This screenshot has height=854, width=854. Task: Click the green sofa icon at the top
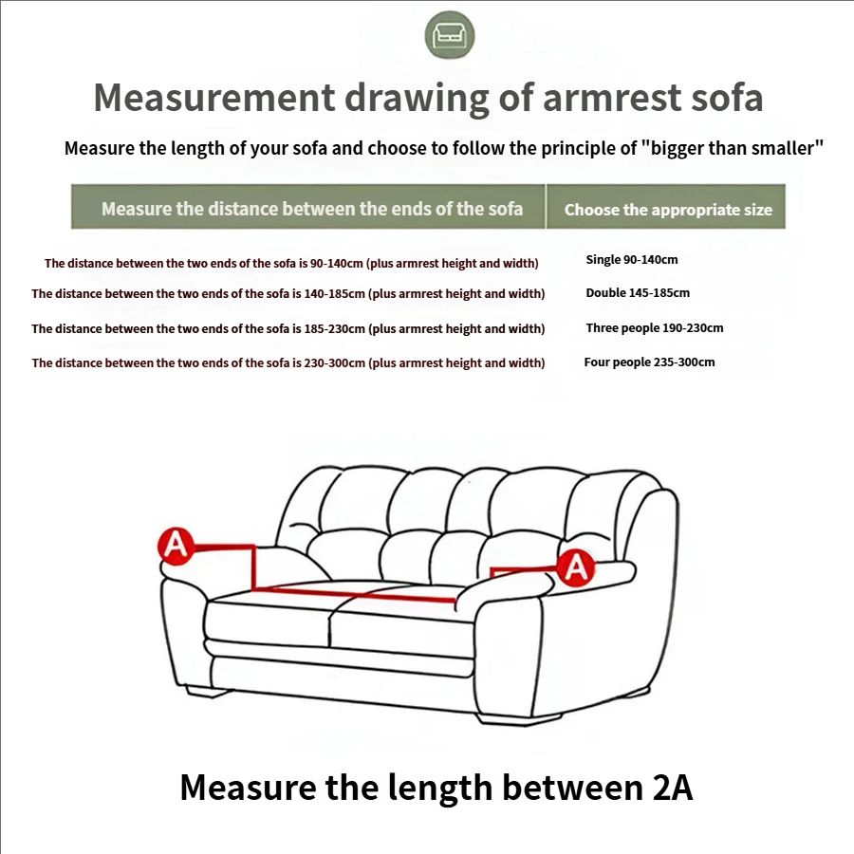[450, 35]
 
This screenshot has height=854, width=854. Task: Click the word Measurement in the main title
[213, 98]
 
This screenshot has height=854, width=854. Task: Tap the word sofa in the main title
[727, 98]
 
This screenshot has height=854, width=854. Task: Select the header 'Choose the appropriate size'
[668, 210]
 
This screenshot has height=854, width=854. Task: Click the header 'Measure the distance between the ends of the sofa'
[312, 209]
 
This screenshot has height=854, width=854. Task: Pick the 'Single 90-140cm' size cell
[632, 260]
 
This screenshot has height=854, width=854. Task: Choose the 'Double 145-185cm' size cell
[638, 293]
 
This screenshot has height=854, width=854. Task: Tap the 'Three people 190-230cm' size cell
[655, 328]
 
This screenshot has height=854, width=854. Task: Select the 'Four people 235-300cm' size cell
[649, 362]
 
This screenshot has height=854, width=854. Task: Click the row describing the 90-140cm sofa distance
[291, 264]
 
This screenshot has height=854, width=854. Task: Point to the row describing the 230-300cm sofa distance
[288, 363]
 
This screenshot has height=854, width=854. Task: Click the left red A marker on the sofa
[176, 545]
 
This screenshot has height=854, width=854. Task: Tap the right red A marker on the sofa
[576, 567]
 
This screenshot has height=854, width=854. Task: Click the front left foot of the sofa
[206, 692]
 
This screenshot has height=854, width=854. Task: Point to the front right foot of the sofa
[520, 719]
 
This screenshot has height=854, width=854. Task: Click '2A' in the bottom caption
[672, 788]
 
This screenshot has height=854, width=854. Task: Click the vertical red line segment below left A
[253, 567]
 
